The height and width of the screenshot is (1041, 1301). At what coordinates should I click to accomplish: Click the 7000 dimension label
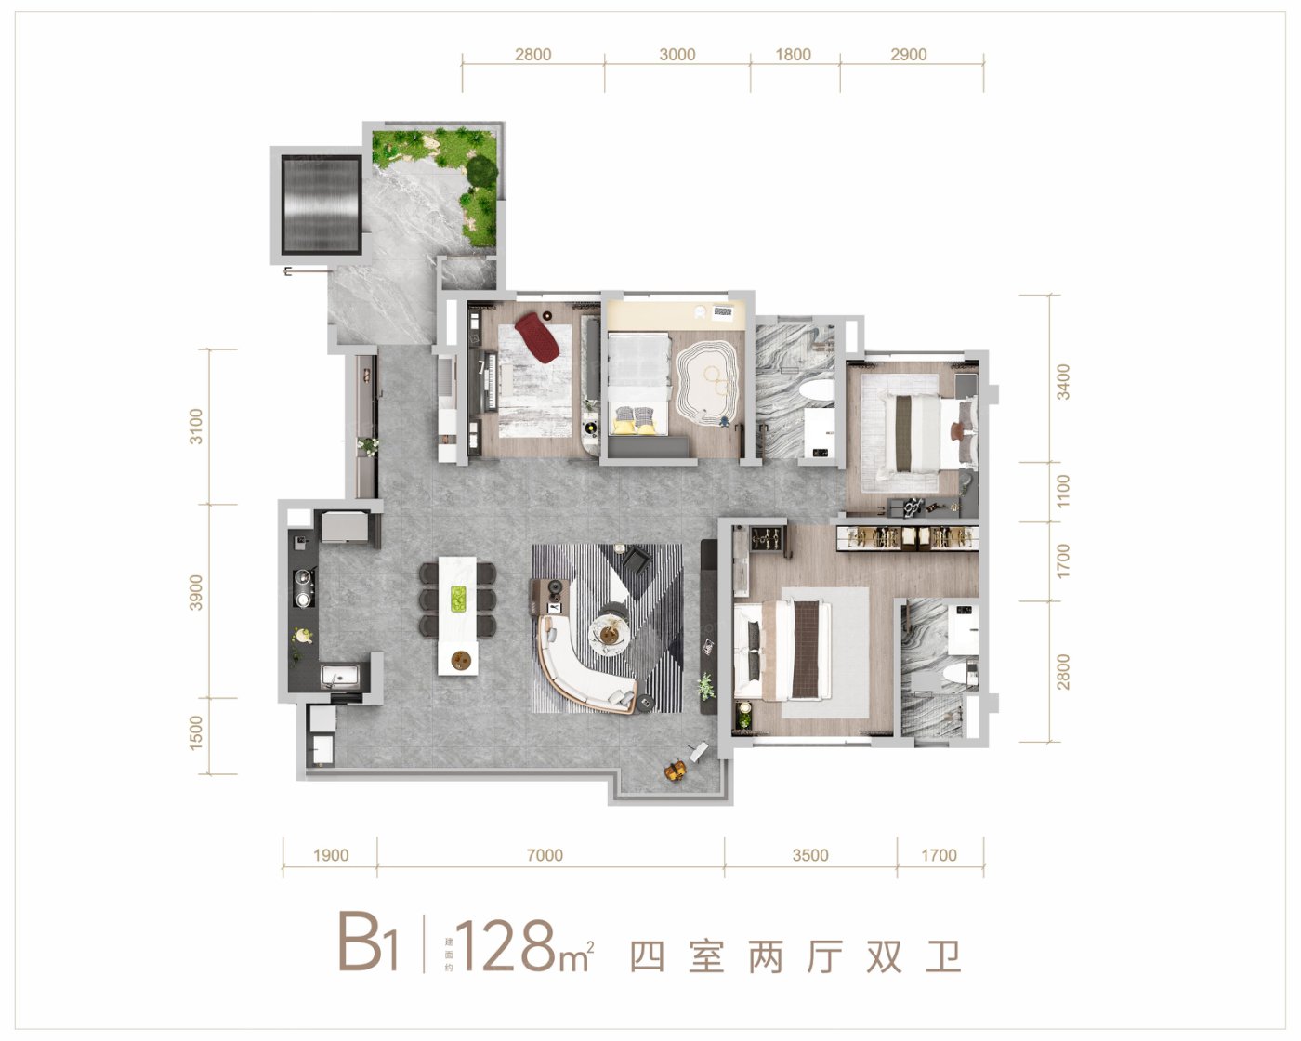[x=545, y=855]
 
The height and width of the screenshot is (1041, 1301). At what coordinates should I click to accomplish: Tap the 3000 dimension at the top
[x=677, y=55]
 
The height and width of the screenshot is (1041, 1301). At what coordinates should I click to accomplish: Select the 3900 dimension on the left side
[x=196, y=593]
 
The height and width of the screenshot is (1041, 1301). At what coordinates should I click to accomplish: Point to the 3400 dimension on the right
[x=1063, y=382]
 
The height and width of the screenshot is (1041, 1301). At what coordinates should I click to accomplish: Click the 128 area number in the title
[x=506, y=946]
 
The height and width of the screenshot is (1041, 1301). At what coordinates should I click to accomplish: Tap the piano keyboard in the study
[x=491, y=382]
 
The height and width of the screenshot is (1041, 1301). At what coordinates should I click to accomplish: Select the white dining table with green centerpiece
[x=458, y=615]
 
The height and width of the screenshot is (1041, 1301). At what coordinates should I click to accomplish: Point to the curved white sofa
[x=582, y=671]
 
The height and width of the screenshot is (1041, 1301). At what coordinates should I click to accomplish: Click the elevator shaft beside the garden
[x=321, y=204]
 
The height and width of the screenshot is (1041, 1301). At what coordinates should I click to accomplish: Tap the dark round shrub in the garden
[x=481, y=172]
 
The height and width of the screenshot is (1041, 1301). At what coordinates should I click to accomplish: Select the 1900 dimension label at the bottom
[x=331, y=855]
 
